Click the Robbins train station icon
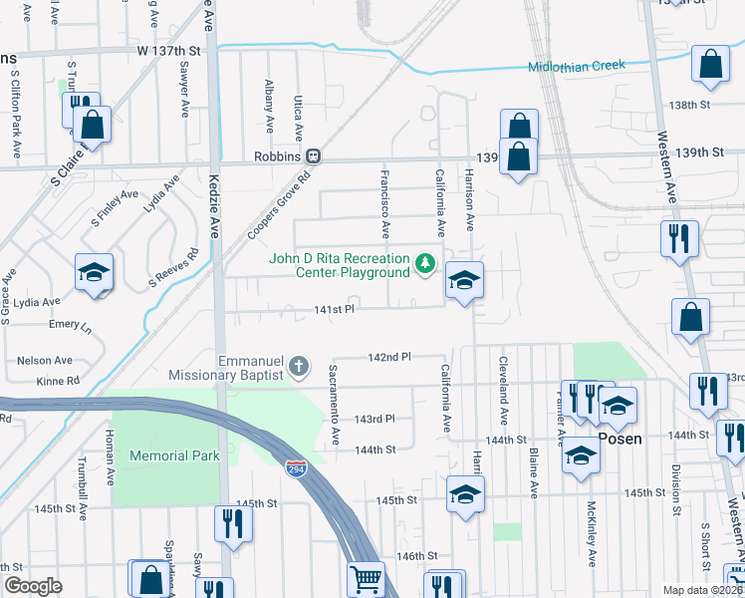tap(313, 156)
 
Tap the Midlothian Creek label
tap(576, 66)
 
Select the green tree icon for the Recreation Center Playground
tap(425, 263)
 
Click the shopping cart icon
tap(367, 578)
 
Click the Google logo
tap(33, 587)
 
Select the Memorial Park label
tap(173, 455)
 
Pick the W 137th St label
tap(169, 50)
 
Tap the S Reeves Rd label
tap(173, 264)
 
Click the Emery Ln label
tap(70, 325)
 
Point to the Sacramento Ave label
tap(336, 405)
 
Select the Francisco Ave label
tap(384, 203)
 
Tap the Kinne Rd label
tap(58, 381)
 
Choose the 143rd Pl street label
tap(374, 419)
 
